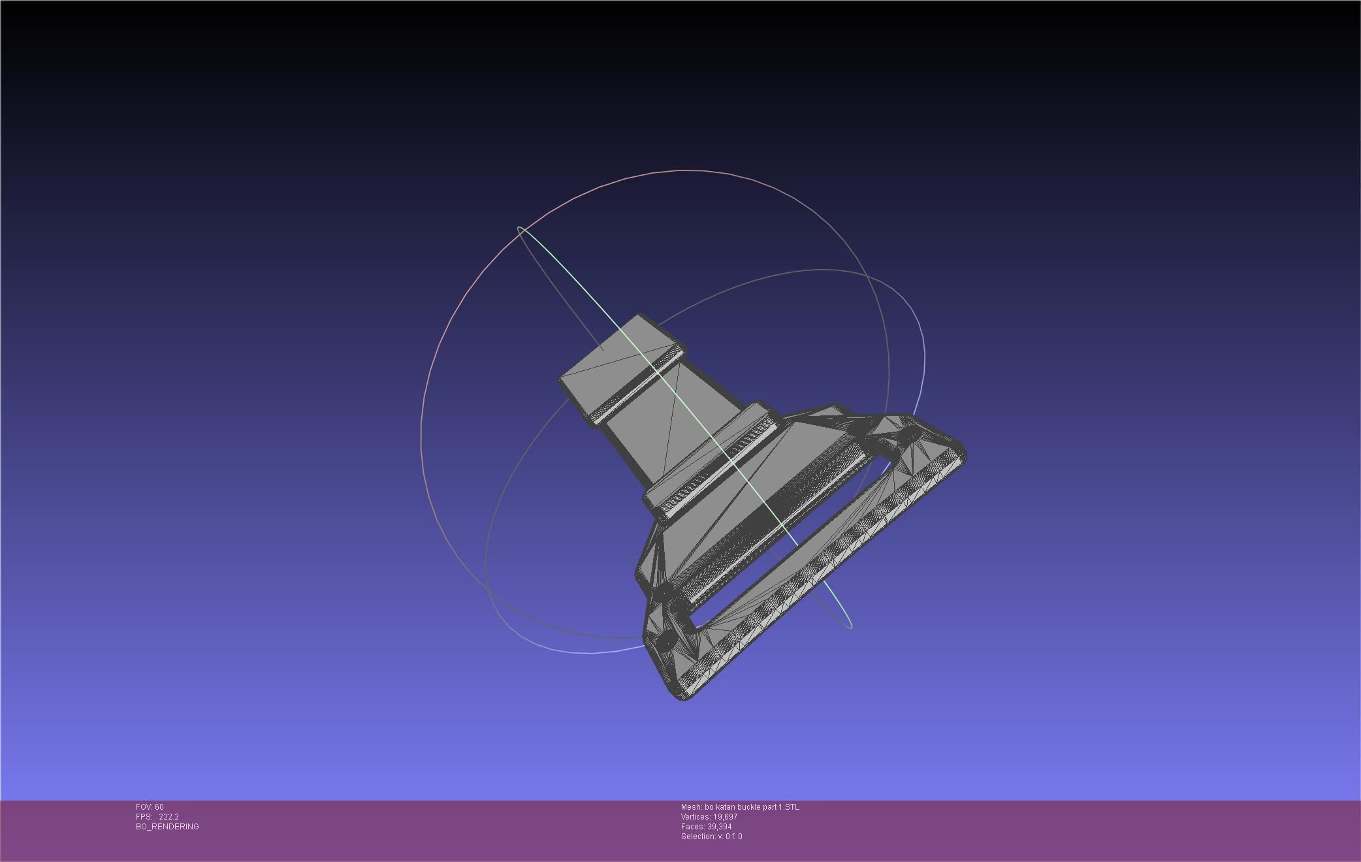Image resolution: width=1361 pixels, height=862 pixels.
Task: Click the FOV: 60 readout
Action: (x=150, y=807)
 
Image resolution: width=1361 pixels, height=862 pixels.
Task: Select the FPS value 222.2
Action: (x=168, y=817)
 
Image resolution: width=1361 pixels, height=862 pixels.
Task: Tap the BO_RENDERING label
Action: (x=167, y=827)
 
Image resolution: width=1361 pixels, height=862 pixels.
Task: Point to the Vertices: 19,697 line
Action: (x=709, y=817)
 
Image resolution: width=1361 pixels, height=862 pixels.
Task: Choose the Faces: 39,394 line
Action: (x=706, y=827)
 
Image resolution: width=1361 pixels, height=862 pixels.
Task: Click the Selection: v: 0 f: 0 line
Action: (x=711, y=837)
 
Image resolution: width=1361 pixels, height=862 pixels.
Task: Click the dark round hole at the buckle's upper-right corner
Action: (x=908, y=434)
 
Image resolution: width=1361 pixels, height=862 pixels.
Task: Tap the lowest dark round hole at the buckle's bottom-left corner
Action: (x=666, y=640)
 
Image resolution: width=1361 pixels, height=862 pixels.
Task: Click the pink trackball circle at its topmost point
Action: (x=682, y=170)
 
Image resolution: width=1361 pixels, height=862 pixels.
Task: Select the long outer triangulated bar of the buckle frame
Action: (x=823, y=575)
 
